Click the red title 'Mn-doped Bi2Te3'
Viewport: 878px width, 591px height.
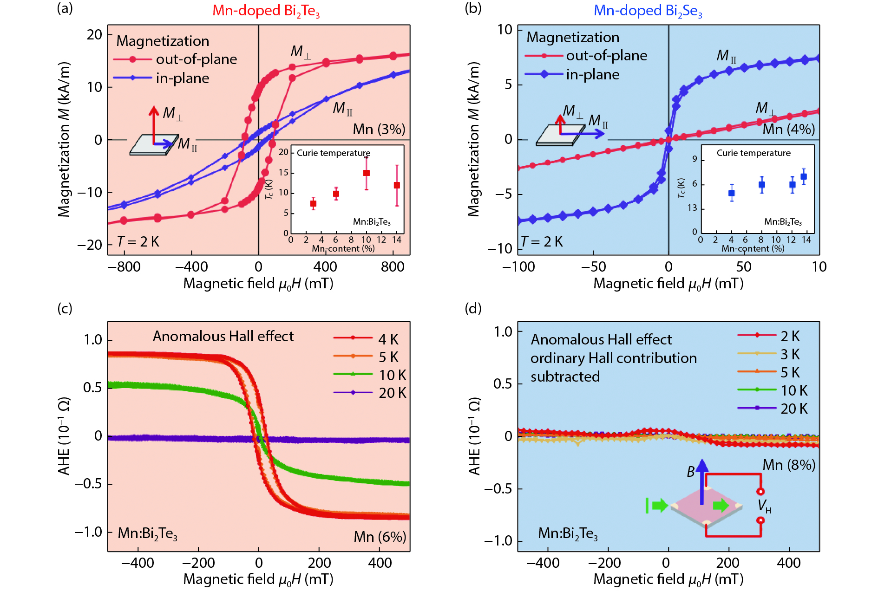pyautogui.click(x=266, y=11)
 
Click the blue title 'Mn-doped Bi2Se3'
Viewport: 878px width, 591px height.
pyautogui.click(x=648, y=11)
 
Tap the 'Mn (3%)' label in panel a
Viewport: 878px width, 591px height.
pyautogui.click(x=379, y=129)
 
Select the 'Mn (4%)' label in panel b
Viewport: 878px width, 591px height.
pyautogui.click(x=788, y=129)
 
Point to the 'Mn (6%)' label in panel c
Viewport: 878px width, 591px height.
pyautogui.click(x=380, y=537)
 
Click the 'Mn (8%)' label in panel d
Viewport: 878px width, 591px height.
pyautogui.click(x=789, y=465)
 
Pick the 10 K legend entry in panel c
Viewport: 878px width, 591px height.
pyautogui.click(x=392, y=375)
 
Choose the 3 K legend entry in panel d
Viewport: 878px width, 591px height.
pyautogui.click(x=790, y=354)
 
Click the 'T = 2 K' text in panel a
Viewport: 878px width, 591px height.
pyautogui.click(x=138, y=241)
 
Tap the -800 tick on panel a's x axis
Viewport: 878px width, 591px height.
pyautogui.click(x=124, y=266)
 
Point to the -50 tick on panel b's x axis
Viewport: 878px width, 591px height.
pyautogui.click(x=593, y=266)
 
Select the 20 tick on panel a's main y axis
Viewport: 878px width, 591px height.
pyautogui.click(x=95, y=35)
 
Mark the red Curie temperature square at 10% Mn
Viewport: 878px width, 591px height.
pyautogui.click(x=367, y=173)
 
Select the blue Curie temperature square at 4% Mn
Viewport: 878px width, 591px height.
pyautogui.click(x=732, y=193)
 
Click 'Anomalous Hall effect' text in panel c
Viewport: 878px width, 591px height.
pyautogui.click(x=223, y=336)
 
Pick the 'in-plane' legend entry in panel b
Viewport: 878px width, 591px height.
pyautogui.click(x=592, y=74)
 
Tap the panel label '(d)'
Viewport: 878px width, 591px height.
pyautogui.click(x=473, y=308)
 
